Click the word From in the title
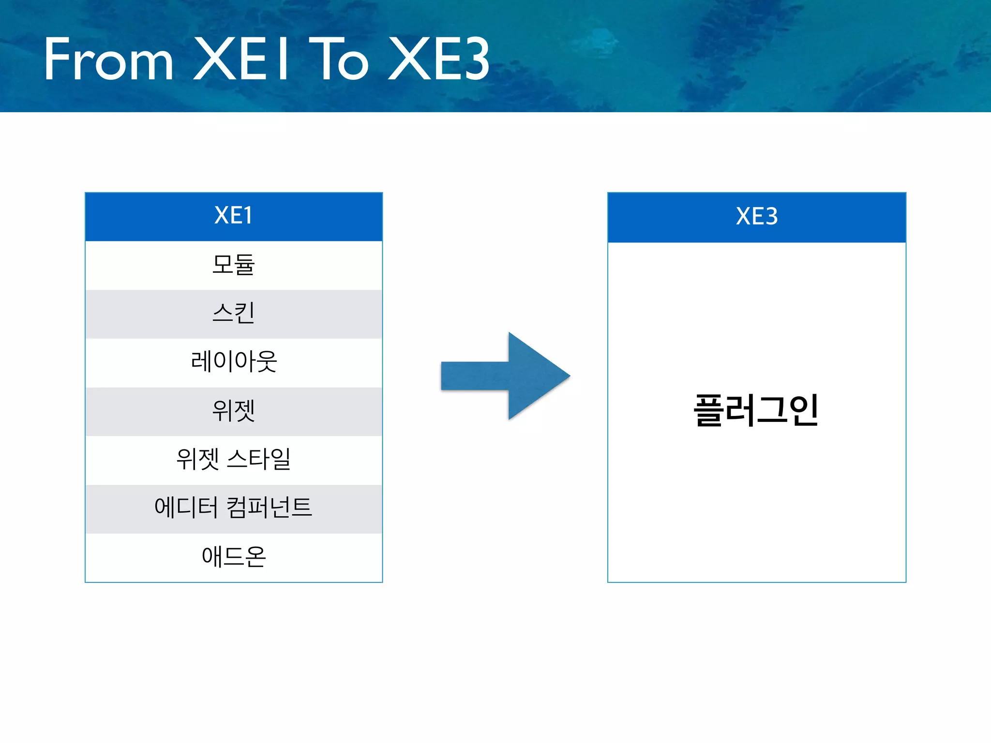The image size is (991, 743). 108,59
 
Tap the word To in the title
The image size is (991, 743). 339,59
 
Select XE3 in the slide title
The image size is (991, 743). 439,59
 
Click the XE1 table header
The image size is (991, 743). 234,216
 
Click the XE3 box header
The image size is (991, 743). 757,217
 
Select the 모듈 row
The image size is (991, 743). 234,265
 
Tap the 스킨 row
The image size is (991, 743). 234,313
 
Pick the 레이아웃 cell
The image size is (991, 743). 234,362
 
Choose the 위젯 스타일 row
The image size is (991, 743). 234,460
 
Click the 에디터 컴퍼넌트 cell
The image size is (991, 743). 234,508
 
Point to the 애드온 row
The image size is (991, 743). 234,557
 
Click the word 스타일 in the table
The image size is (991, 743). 259,460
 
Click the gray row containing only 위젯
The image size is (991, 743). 234,411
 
